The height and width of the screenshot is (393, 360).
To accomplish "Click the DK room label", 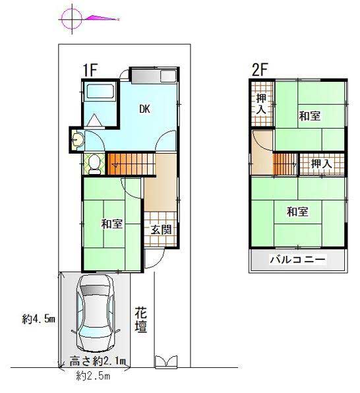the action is pyautogui.click(x=144, y=109).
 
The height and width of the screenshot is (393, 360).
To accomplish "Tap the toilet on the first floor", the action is pyautogui.click(x=94, y=164).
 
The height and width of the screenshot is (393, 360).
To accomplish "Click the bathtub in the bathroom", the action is pyautogui.click(x=100, y=91).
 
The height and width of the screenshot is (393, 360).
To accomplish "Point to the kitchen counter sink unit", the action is pyautogui.click(x=154, y=76).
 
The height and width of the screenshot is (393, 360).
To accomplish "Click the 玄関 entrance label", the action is pyautogui.click(x=161, y=229).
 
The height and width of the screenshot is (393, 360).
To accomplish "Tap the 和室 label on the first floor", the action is pyautogui.click(x=112, y=224).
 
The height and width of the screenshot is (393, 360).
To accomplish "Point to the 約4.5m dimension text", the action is pyautogui.click(x=38, y=319).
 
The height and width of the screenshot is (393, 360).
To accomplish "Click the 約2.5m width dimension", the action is pyautogui.click(x=93, y=376).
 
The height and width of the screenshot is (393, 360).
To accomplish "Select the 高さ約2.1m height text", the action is pyautogui.click(x=98, y=361).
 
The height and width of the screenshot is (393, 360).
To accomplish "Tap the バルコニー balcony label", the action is pyautogui.click(x=297, y=260).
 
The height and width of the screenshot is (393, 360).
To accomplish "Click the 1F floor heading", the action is pyautogui.click(x=90, y=70).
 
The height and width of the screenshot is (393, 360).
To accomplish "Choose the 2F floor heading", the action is pyautogui.click(x=260, y=70).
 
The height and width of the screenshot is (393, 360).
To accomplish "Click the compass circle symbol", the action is pyautogui.click(x=72, y=18).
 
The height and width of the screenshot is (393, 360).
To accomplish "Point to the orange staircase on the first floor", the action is pyautogui.click(x=131, y=164).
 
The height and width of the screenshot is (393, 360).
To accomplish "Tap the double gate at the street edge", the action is pyautogui.click(x=166, y=361).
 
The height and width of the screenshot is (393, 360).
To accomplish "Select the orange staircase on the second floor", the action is pyautogui.click(x=285, y=164).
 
